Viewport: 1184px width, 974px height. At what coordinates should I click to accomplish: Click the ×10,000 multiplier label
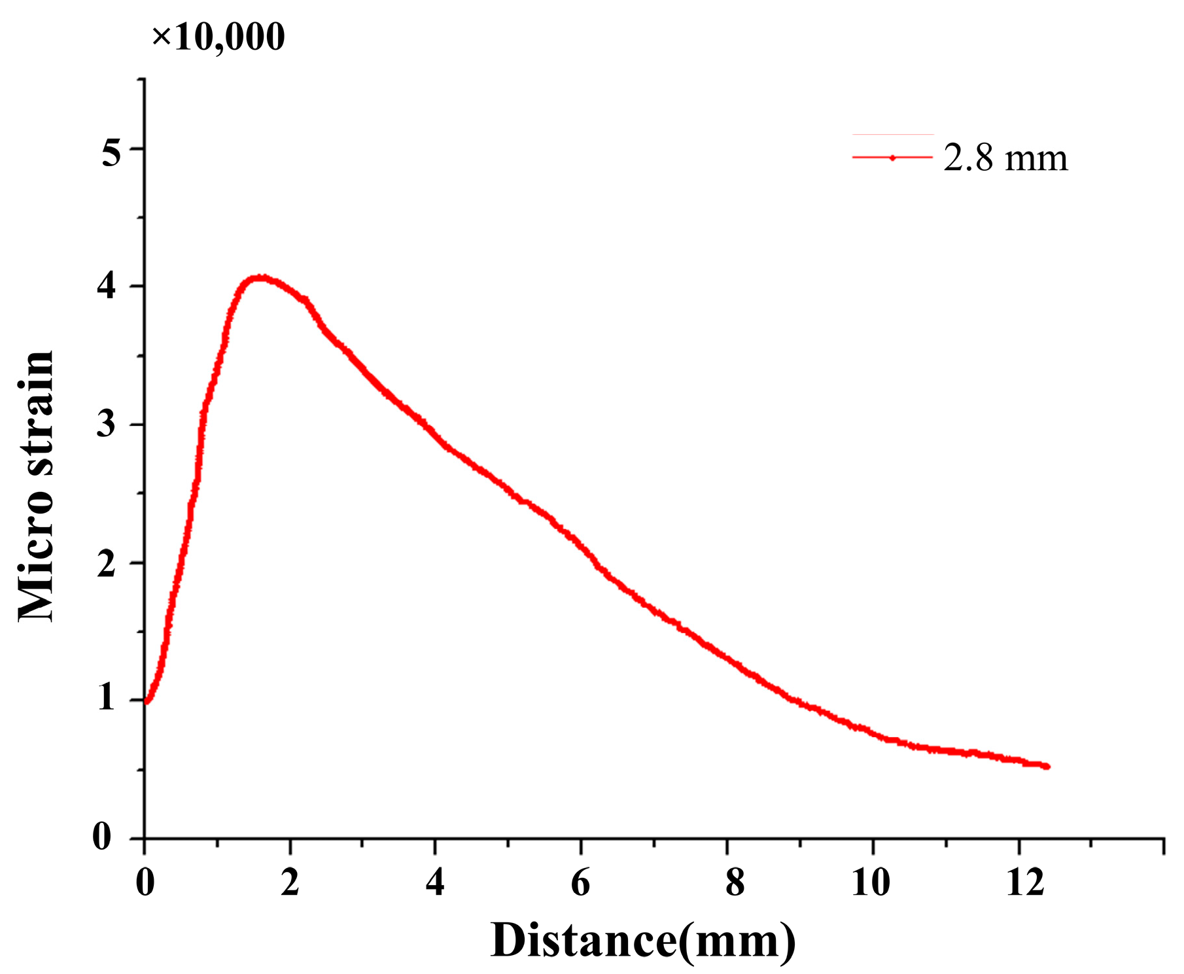point(218,36)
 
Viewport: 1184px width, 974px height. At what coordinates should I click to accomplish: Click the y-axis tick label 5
point(111,154)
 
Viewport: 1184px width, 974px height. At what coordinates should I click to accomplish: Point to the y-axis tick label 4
point(107,287)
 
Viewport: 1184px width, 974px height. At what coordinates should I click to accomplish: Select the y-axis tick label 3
point(107,425)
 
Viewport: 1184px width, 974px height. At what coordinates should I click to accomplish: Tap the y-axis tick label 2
point(107,563)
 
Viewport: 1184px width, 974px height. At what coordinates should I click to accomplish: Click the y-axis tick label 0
point(102,837)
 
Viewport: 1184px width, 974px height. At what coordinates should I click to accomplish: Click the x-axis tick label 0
point(145,883)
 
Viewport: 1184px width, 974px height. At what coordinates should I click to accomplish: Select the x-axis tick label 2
point(290,883)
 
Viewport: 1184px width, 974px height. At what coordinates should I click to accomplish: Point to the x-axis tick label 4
point(435,883)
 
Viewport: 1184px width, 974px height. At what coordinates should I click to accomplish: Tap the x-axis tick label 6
point(580,883)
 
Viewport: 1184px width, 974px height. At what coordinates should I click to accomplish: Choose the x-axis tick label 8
point(735,883)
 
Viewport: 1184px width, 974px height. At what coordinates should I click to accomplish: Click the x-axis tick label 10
point(871,883)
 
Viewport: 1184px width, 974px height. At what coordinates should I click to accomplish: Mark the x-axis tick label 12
point(1025,883)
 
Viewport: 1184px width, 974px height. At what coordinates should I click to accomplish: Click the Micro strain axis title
point(36,486)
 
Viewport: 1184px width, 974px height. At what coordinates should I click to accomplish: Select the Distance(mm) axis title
point(643,941)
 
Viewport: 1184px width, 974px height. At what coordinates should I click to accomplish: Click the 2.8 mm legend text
point(1005,158)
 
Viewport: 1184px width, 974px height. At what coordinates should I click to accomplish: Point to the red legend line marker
point(892,158)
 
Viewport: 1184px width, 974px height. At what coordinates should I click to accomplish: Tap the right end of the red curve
point(1047,766)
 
